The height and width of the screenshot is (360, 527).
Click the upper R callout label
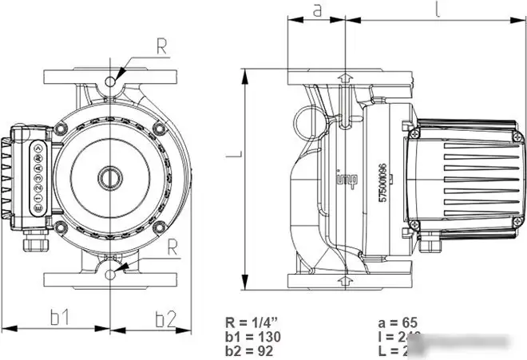161,46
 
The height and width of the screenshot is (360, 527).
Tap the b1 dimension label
58,318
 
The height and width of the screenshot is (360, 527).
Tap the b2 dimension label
164,318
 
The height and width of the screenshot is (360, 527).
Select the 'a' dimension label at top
316,10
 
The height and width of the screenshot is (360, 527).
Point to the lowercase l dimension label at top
438,10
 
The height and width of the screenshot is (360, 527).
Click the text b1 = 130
253,336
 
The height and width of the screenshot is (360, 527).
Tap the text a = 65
396,323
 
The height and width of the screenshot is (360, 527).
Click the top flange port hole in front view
110,81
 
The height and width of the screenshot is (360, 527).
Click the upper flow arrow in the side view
344,77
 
